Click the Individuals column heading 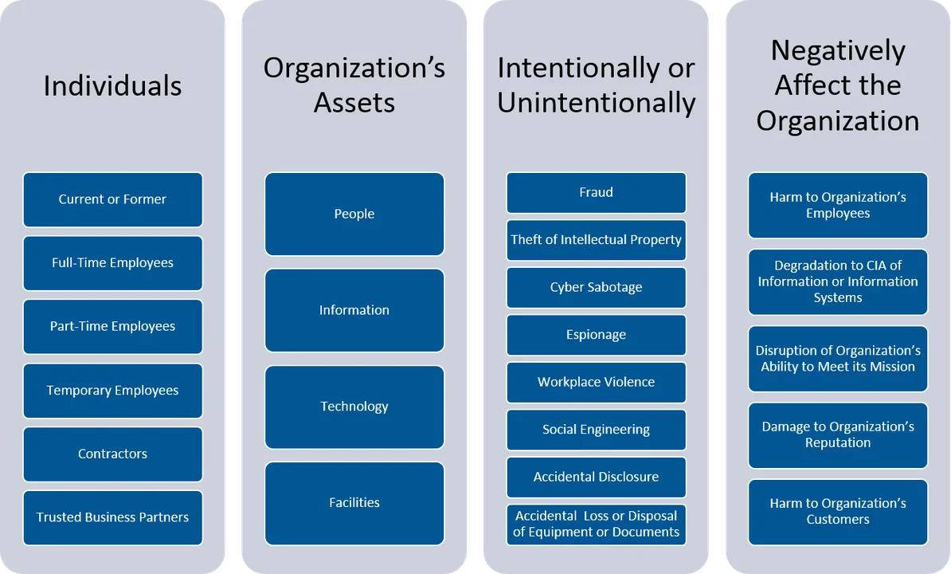pos(112,86)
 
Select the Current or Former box pos(112,199)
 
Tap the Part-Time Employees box pos(112,326)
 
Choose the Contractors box pos(112,454)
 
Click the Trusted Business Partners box pos(112,517)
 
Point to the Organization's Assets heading pos(354,85)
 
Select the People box pos(354,214)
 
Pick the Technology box pos(354,407)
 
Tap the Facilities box pos(354,503)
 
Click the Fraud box pos(596,192)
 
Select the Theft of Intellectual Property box pos(596,240)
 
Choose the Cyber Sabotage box pos(596,287)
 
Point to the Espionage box pos(596,335)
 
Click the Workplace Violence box pos(596,382)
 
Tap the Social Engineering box pos(596,430)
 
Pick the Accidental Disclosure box pos(596,477)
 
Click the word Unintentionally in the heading pos(596,103)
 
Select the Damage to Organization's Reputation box pos(838,434)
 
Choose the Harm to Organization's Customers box pos(838,511)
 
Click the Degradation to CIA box pos(838,281)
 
